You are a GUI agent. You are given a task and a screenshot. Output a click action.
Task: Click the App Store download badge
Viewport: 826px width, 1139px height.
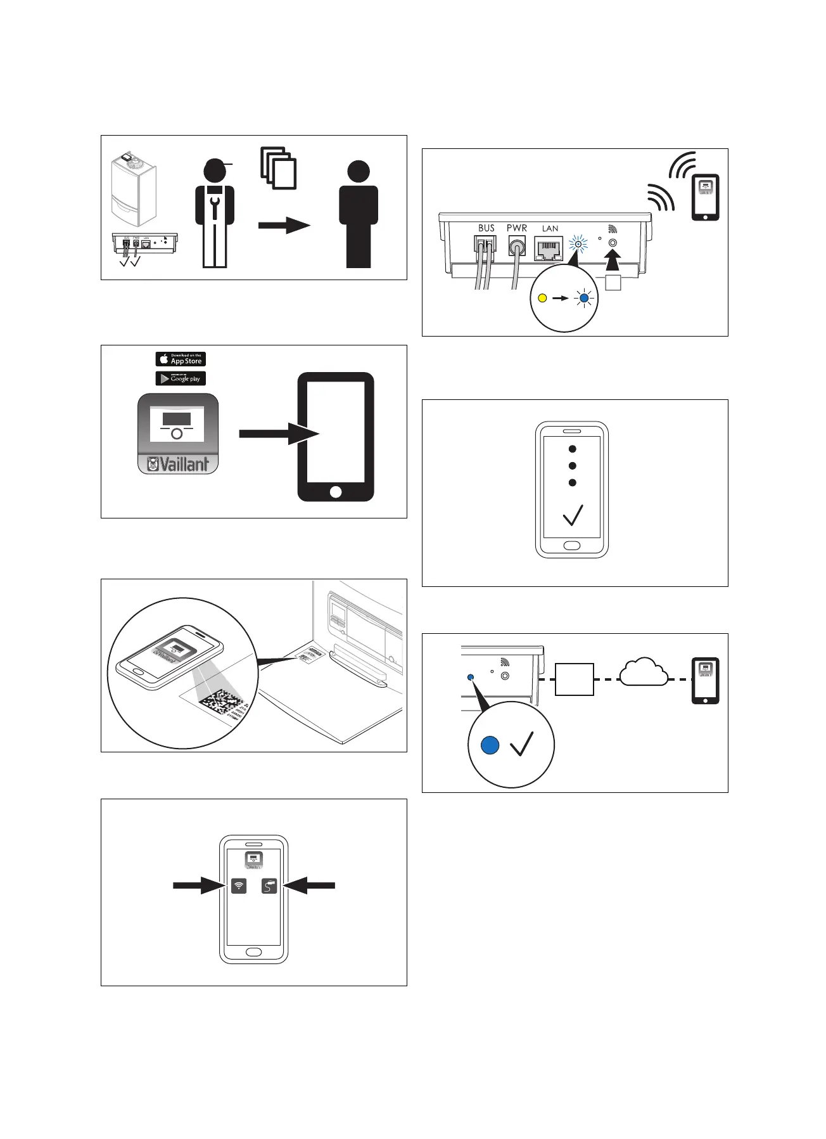(181, 359)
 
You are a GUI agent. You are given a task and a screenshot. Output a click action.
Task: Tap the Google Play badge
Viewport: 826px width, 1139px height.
(181, 378)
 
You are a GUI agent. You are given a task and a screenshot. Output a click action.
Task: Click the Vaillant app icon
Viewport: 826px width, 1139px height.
(178, 434)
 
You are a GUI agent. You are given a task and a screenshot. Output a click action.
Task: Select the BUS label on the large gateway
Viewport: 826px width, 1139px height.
(486, 228)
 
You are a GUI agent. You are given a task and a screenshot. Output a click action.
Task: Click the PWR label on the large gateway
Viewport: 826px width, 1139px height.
(517, 228)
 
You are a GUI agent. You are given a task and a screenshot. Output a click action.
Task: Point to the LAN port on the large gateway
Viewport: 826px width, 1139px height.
(549, 248)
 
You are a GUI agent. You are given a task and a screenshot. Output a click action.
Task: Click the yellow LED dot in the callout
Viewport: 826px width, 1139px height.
(542, 297)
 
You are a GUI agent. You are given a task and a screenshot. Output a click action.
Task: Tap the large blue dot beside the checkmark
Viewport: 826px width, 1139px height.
(490, 745)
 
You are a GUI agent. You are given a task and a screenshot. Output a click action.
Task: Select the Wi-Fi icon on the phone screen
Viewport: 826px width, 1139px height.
(239, 885)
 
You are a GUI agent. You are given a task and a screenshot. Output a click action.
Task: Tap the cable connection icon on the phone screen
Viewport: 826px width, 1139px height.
(269, 885)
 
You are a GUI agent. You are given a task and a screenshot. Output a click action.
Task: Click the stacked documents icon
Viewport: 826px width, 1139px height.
(279, 168)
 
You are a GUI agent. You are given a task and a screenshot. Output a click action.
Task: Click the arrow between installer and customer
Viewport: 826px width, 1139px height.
(284, 225)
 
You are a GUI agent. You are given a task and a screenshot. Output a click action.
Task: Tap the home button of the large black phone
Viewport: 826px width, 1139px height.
(336, 492)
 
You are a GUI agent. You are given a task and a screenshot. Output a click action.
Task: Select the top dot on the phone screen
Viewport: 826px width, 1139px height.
(573, 449)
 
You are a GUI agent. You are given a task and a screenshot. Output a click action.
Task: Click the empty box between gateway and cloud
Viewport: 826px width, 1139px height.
(575, 679)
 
